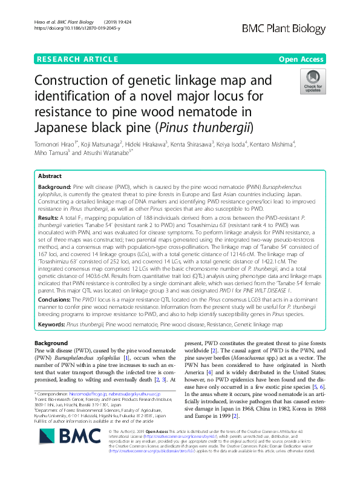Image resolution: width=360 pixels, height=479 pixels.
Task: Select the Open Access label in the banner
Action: click(304, 59)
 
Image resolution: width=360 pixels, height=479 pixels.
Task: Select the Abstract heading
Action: click(50, 175)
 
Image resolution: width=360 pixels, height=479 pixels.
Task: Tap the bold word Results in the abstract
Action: click(48, 216)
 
